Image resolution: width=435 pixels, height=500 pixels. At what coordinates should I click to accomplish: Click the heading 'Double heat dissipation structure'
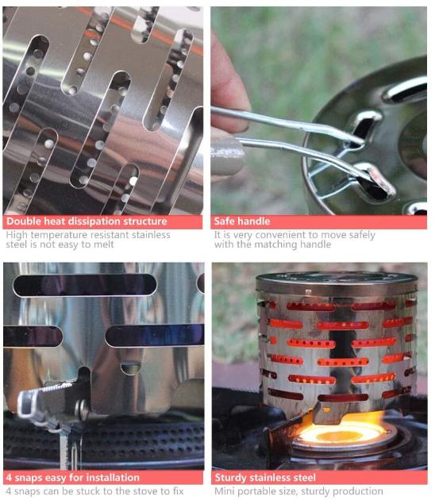click(87, 221)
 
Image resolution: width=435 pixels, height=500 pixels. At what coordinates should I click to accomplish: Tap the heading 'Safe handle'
click(242, 221)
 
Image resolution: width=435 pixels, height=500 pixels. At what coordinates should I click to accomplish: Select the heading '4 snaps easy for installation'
click(73, 478)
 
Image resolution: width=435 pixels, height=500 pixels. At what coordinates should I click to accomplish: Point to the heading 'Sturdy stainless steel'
click(265, 478)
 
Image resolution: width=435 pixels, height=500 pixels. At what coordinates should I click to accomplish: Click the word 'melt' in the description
click(104, 244)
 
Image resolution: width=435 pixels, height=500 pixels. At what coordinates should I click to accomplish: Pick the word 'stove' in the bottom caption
click(145, 491)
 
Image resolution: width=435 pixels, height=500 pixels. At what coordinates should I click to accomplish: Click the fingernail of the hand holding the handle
click(228, 156)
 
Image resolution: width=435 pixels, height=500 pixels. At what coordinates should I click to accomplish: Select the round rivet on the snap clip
click(83, 409)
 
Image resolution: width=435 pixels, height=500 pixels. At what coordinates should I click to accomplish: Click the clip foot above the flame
click(326, 413)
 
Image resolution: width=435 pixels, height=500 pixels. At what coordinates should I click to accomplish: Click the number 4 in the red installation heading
click(10, 478)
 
